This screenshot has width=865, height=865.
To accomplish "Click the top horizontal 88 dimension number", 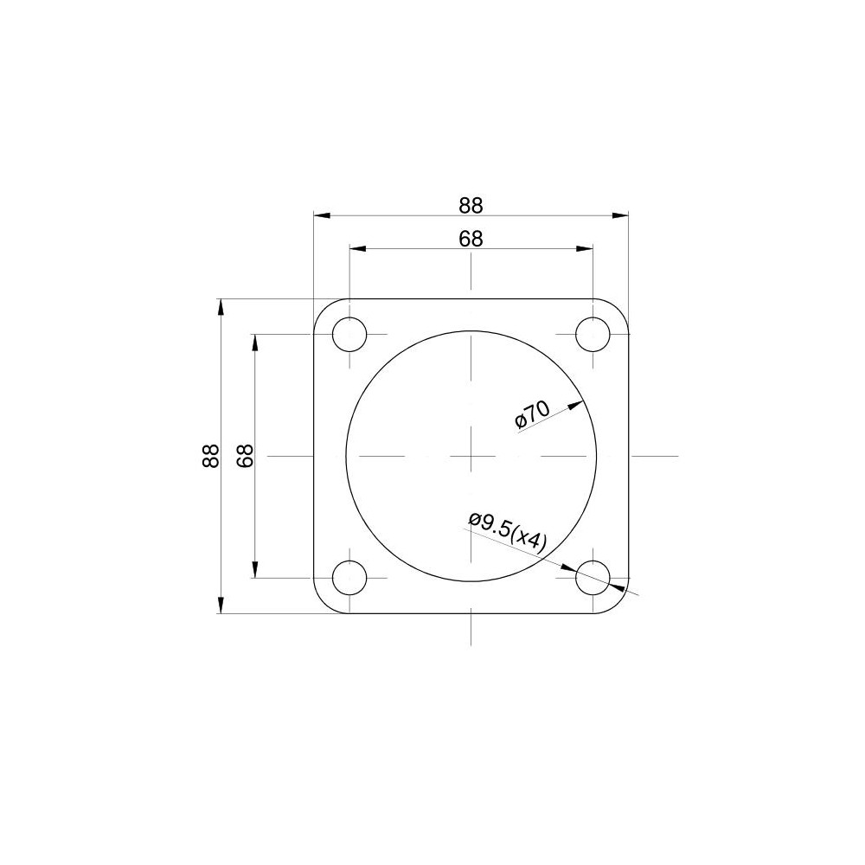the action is coord(471,205).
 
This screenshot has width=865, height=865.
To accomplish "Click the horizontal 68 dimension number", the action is coord(471,239).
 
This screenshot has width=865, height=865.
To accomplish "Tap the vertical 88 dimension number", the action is coord(211,456).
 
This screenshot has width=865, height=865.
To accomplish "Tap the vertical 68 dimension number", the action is coord(245,456).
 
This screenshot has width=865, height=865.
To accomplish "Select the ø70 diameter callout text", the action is coord(532,414).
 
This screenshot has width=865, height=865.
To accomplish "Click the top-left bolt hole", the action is coord(349,334).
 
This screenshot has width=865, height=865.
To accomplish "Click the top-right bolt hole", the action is coord(593,334).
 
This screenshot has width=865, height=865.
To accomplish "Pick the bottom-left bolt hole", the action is coord(349,578).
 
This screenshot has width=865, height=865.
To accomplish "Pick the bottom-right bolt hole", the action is coord(593,578).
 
